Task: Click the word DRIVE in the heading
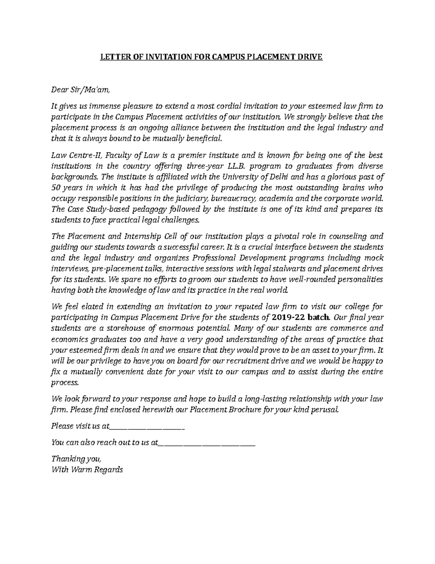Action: click(310, 57)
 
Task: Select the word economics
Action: click(69, 339)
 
